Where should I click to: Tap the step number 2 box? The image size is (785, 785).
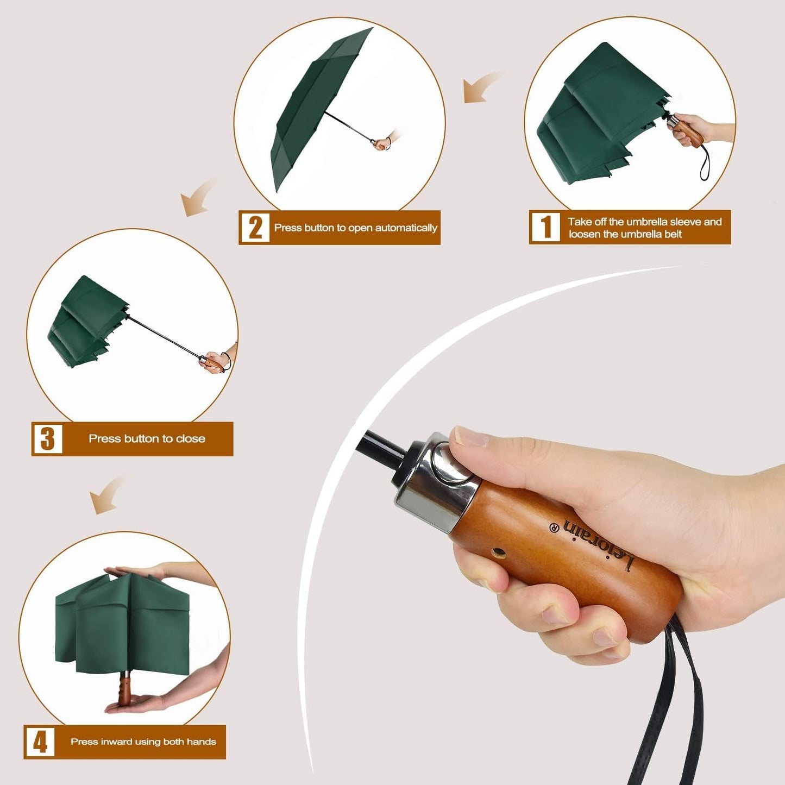tap(255, 227)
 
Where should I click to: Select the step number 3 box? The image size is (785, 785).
tap(48, 438)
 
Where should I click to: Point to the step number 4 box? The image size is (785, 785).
tap(40, 742)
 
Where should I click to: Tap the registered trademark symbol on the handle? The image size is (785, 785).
tap(554, 527)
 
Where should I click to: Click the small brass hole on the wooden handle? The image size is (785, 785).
tap(498, 554)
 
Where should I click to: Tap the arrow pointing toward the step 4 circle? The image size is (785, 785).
tap(106, 494)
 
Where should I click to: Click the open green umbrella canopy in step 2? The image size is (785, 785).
tap(315, 109)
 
